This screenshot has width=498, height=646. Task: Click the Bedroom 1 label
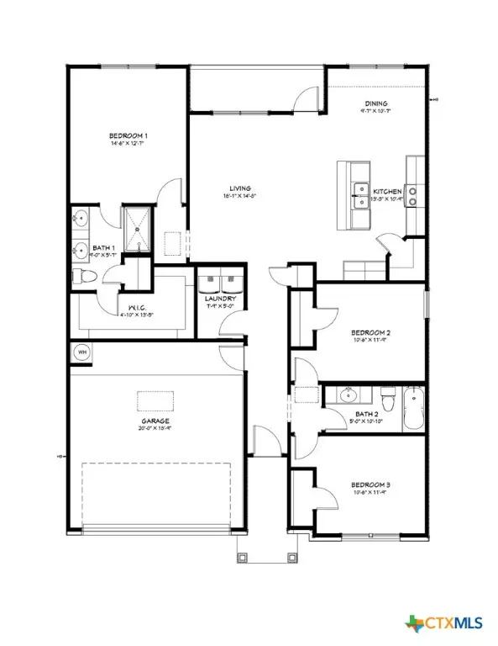tap(128, 135)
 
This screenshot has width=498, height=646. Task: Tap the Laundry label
tap(220, 299)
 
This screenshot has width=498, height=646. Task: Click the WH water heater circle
tap(81, 352)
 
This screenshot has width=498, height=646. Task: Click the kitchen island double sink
tap(362, 195)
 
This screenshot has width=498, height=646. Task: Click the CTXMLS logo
tap(450, 622)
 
